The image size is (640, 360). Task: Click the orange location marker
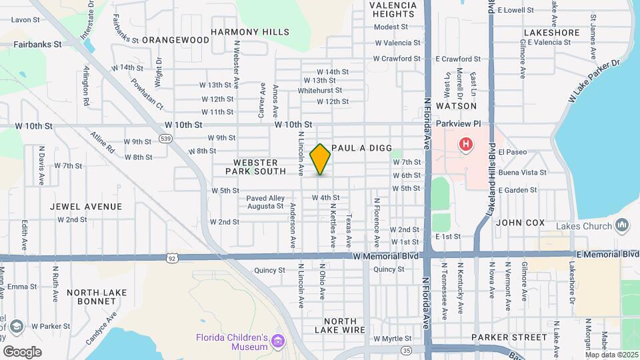point(320,159)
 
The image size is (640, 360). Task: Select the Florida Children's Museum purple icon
point(279,343)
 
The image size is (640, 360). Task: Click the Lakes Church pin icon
point(623,225)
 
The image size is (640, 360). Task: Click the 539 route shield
point(165,138)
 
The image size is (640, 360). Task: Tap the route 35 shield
point(406,349)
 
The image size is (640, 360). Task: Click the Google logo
point(23,351)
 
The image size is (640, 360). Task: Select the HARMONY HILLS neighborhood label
point(250,32)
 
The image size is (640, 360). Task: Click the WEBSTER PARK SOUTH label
point(260,167)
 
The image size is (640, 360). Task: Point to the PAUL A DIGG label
point(361,148)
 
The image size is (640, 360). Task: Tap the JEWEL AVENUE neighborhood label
point(86,207)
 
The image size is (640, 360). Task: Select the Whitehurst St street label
point(320,90)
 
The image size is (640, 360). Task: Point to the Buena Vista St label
point(522,172)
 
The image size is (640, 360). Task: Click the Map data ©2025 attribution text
point(611,354)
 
